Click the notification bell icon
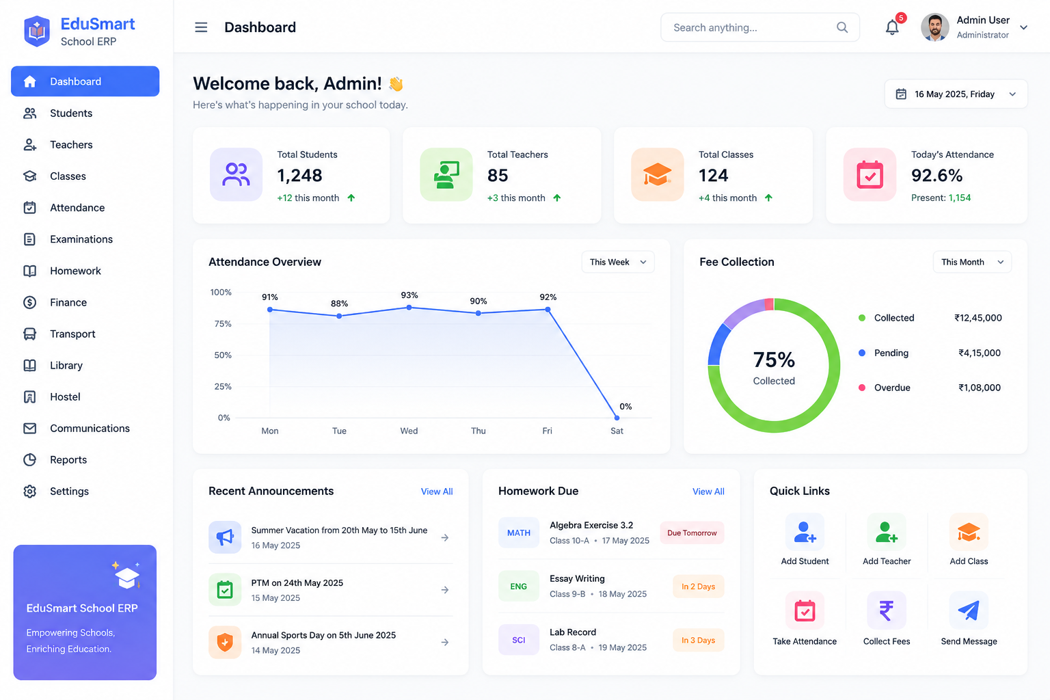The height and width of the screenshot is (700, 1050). [x=891, y=27]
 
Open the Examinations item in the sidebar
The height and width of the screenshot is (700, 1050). [x=81, y=239]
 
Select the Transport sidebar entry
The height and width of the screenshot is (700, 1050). [x=72, y=334]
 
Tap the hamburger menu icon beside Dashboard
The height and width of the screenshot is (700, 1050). [x=201, y=27]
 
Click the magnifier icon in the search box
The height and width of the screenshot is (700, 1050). [x=842, y=27]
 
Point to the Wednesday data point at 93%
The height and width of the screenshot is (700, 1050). [x=409, y=308]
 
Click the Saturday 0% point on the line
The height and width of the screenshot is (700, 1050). [x=617, y=417]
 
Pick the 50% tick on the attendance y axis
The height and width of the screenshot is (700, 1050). [x=223, y=355]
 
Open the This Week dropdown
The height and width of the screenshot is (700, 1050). [x=618, y=262]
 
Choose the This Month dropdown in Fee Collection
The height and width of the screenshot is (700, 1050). [x=972, y=262]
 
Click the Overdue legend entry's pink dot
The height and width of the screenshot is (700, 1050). [x=861, y=388]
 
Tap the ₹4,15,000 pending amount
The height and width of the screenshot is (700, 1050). [x=979, y=353]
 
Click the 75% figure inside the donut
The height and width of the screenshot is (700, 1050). [x=774, y=360]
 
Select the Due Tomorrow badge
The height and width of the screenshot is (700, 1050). [x=692, y=533]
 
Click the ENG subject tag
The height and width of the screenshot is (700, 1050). [x=518, y=586]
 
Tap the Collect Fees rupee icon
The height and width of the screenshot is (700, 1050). [x=887, y=610]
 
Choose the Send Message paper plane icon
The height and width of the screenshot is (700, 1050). [x=969, y=610]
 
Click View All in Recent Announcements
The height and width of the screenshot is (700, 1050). [x=436, y=492]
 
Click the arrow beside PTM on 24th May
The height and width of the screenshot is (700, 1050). [x=445, y=590]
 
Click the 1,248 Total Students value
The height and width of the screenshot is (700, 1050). [x=299, y=176]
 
